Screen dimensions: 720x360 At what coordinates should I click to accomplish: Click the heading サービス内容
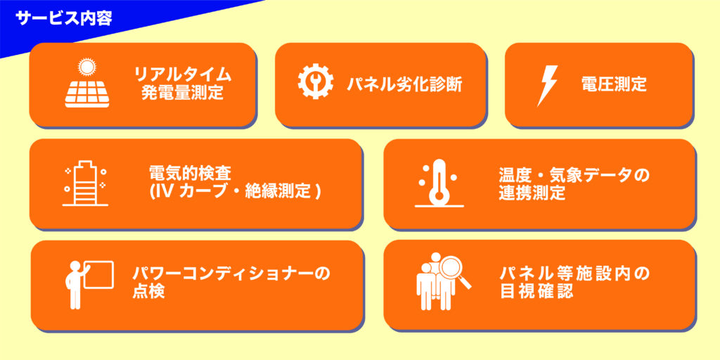pyautogui.click(x=63, y=18)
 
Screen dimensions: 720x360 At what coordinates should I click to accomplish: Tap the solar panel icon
pyautogui.click(x=86, y=94)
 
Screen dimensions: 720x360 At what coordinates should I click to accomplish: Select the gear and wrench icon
pyautogui.click(x=316, y=82)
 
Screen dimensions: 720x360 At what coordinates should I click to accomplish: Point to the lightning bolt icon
pyautogui.click(x=547, y=86)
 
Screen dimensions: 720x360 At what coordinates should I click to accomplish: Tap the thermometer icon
pyautogui.click(x=439, y=184)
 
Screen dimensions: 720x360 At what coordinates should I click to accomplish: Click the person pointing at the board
pyautogui.click(x=76, y=285)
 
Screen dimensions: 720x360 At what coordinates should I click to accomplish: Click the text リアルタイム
pyautogui.click(x=182, y=75)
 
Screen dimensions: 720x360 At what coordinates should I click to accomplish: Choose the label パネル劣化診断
pyautogui.click(x=404, y=84)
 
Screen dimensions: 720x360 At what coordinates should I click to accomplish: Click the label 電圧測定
pyautogui.click(x=614, y=84)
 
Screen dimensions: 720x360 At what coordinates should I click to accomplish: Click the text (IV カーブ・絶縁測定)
pyautogui.click(x=235, y=191)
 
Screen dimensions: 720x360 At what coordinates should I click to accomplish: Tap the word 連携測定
pyautogui.click(x=532, y=193)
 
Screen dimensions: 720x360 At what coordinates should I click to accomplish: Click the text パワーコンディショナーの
pyautogui.click(x=231, y=274)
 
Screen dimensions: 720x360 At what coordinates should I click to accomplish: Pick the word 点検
pyautogui.click(x=148, y=291)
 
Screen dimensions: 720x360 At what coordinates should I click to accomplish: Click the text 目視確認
pyautogui.click(x=536, y=291)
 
